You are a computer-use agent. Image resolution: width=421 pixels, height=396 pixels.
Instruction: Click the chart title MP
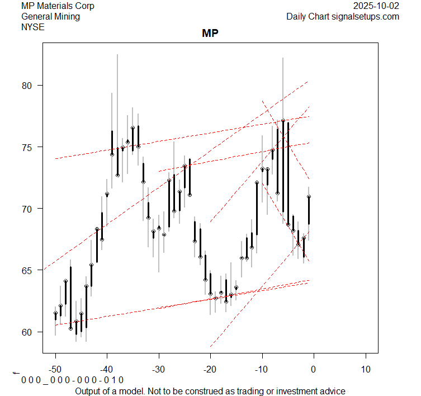click(210, 34)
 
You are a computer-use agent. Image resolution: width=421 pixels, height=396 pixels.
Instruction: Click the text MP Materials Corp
click(58, 6)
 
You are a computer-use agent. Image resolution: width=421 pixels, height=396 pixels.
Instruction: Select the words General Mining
click(50, 17)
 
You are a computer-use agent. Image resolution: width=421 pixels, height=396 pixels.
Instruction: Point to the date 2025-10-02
click(377, 6)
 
